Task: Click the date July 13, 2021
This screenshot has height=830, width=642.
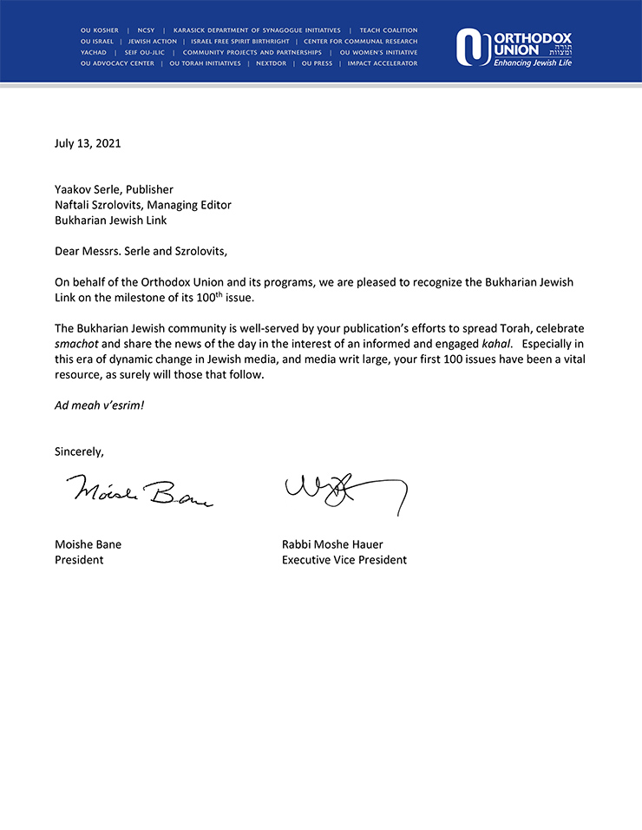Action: click(88, 143)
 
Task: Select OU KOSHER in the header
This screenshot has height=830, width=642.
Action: click(100, 30)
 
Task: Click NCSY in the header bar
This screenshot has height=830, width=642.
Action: click(146, 30)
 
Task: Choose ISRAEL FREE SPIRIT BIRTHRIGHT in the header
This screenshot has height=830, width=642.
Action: click(241, 42)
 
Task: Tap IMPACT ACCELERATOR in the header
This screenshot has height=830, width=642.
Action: click(383, 63)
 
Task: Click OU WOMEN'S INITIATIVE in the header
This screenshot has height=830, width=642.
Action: click(379, 52)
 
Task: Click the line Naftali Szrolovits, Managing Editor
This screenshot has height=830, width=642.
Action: click(143, 205)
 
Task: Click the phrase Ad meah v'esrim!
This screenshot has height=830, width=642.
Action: click(99, 405)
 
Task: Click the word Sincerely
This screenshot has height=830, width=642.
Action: click(79, 451)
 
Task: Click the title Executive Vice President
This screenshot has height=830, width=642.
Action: click(344, 560)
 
